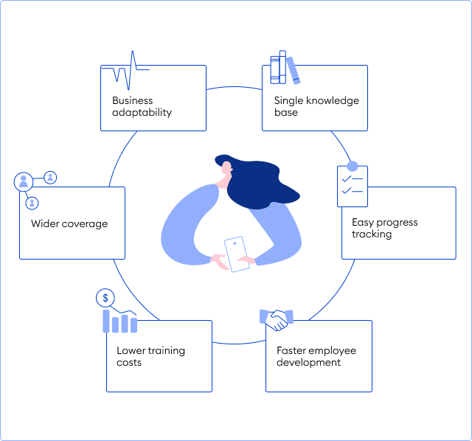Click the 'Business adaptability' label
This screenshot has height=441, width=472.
142,106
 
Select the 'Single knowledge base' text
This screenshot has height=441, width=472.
316,106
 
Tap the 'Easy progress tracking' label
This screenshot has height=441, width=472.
385,228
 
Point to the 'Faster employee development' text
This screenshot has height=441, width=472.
316,356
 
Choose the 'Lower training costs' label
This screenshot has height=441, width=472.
150,356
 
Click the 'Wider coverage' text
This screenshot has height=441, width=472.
69,223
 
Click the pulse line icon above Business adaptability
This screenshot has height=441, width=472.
125,71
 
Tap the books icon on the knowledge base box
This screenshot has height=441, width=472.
285,67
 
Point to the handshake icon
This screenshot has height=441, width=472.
277,320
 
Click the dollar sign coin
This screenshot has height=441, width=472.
105,298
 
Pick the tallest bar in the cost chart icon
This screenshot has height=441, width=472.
106,322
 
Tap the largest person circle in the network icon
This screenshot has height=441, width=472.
24,181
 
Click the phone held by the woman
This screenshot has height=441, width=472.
237,254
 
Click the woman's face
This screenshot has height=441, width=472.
226,169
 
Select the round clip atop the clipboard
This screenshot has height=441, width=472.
353,166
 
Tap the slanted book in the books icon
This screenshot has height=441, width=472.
294,71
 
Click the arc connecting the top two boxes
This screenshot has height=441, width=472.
235,87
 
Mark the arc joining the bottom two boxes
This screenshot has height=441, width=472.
239,343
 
